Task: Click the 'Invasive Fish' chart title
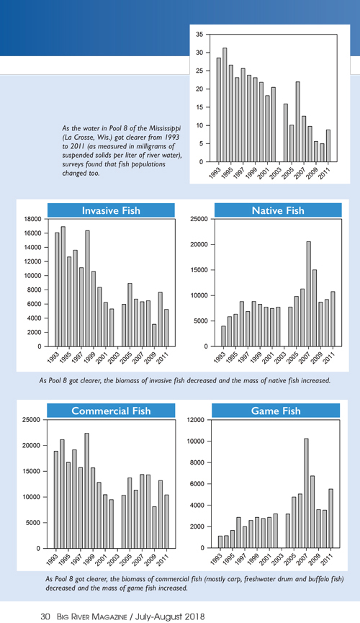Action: tap(111, 210)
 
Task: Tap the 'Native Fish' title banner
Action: tap(278, 210)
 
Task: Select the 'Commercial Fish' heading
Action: tap(111, 411)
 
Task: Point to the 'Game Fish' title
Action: tap(276, 411)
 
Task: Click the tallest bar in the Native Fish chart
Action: tap(308, 294)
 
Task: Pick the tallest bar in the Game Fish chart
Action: tap(306, 493)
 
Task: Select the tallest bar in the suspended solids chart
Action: tap(225, 105)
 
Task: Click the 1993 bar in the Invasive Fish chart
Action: tap(57, 290)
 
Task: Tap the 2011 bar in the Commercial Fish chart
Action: tap(167, 521)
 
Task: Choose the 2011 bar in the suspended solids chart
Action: tap(328, 145)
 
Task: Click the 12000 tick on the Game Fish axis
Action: tap(197, 420)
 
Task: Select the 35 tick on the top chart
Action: tap(199, 35)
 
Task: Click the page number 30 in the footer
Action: tap(45, 617)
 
